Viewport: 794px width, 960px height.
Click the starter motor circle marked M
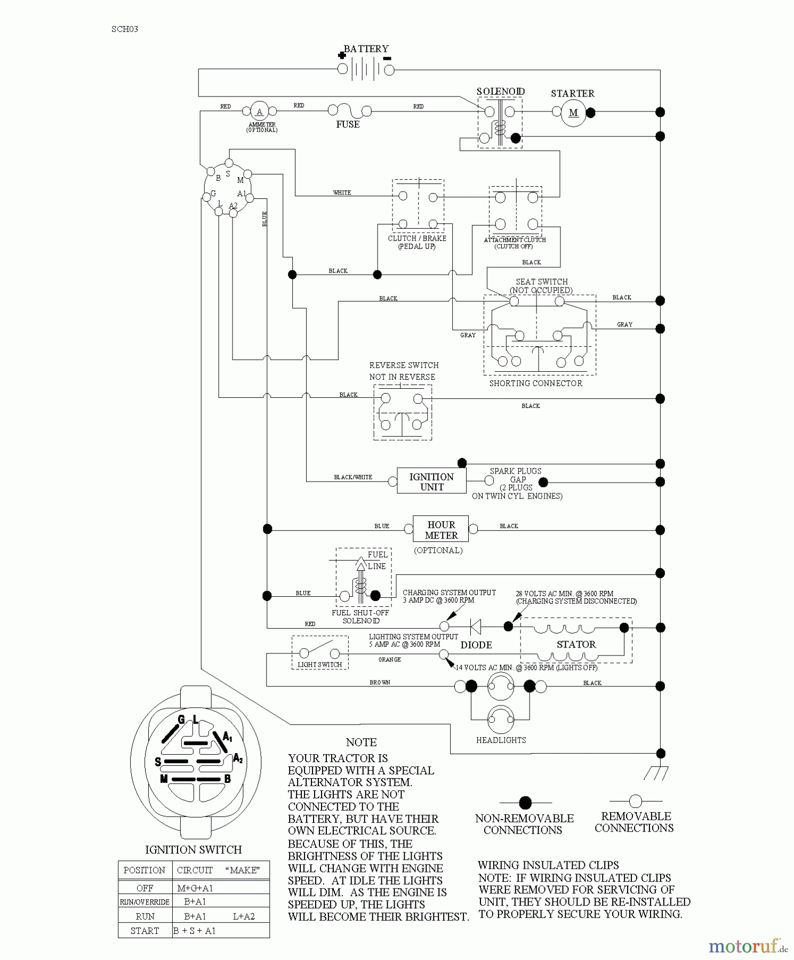(573, 113)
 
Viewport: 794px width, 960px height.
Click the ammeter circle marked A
(259, 111)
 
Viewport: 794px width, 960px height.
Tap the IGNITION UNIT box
(431, 482)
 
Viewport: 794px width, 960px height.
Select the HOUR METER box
(441, 530)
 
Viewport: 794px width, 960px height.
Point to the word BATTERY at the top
(366, 49)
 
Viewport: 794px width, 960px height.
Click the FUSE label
(348, 124)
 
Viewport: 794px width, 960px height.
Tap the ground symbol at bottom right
(656, 773)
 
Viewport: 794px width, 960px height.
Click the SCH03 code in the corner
(125, 29)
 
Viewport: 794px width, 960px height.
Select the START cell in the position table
(145, 931)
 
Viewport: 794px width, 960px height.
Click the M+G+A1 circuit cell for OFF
(195, 888)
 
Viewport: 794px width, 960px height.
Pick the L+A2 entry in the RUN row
(244, 916)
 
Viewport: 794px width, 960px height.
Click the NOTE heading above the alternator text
(361, 742)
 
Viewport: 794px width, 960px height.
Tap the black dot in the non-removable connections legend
(525, 803)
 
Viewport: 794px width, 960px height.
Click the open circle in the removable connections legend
(635, 801)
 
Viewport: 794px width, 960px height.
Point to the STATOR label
(576, 644)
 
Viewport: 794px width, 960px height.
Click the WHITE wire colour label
(342, 193)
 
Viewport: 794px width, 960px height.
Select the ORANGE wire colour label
(389, 660)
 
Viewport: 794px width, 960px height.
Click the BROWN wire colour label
(380, 683)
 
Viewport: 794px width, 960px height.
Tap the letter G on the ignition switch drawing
(181, 719)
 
